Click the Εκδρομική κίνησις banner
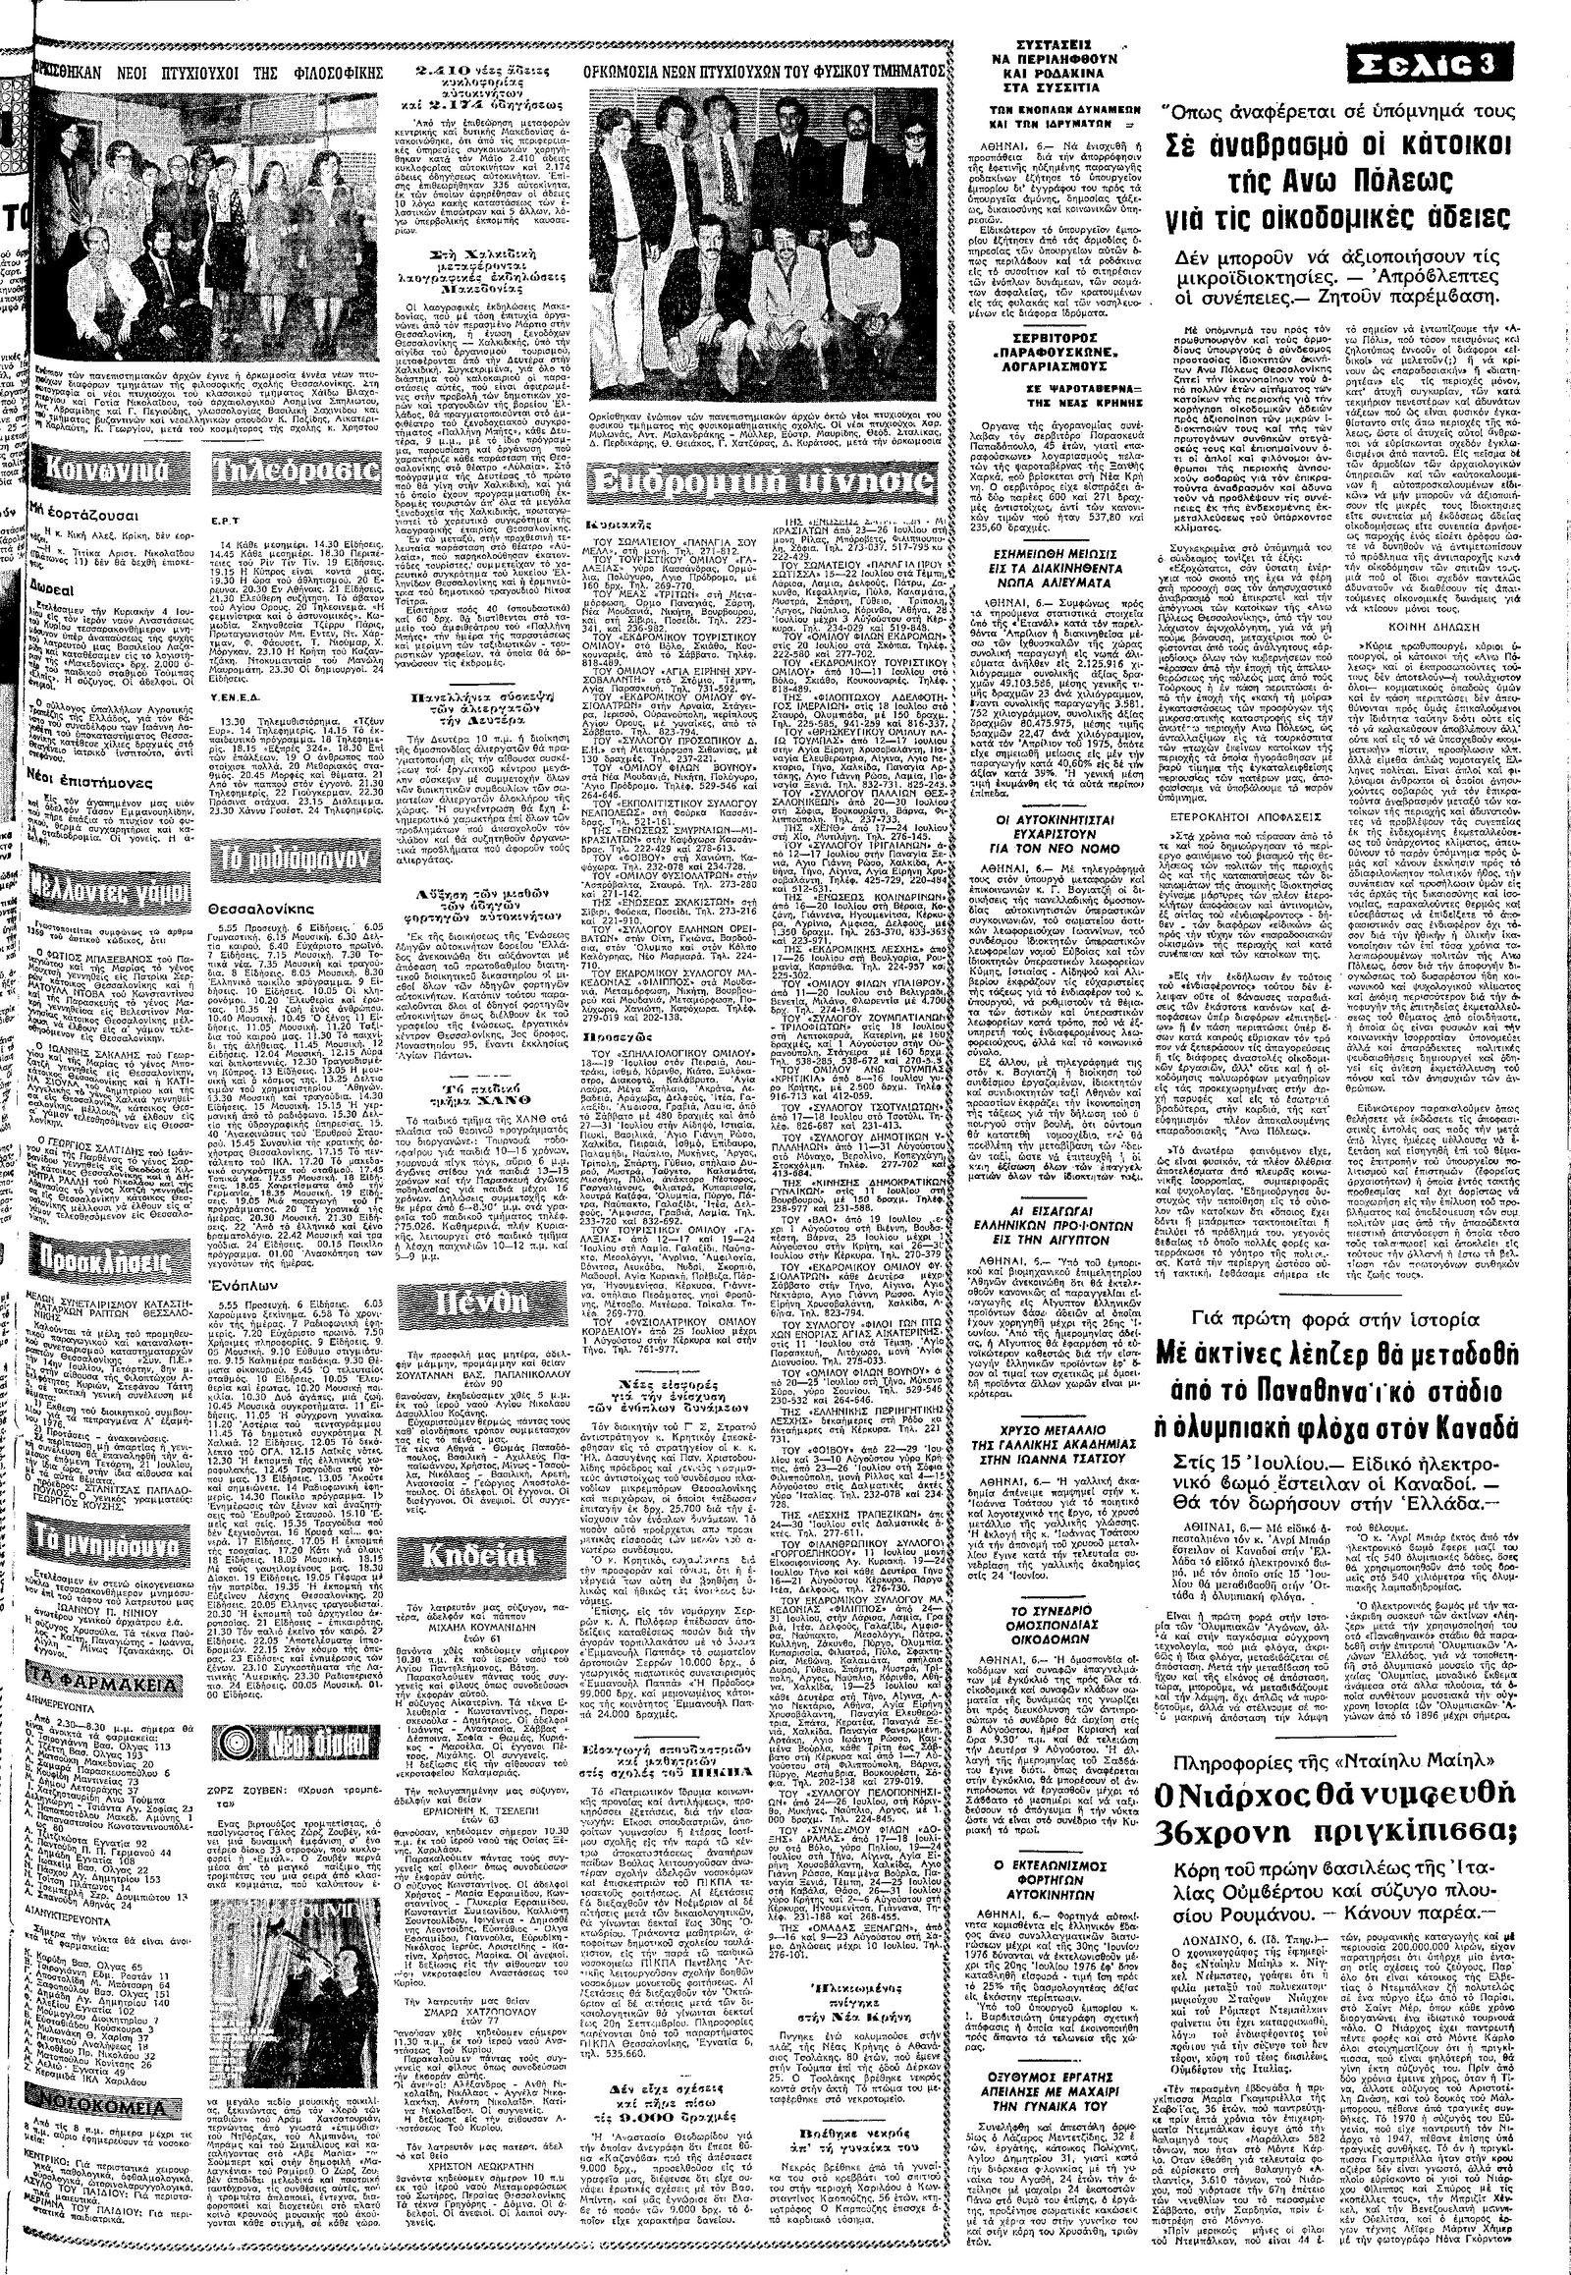[763, 483]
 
